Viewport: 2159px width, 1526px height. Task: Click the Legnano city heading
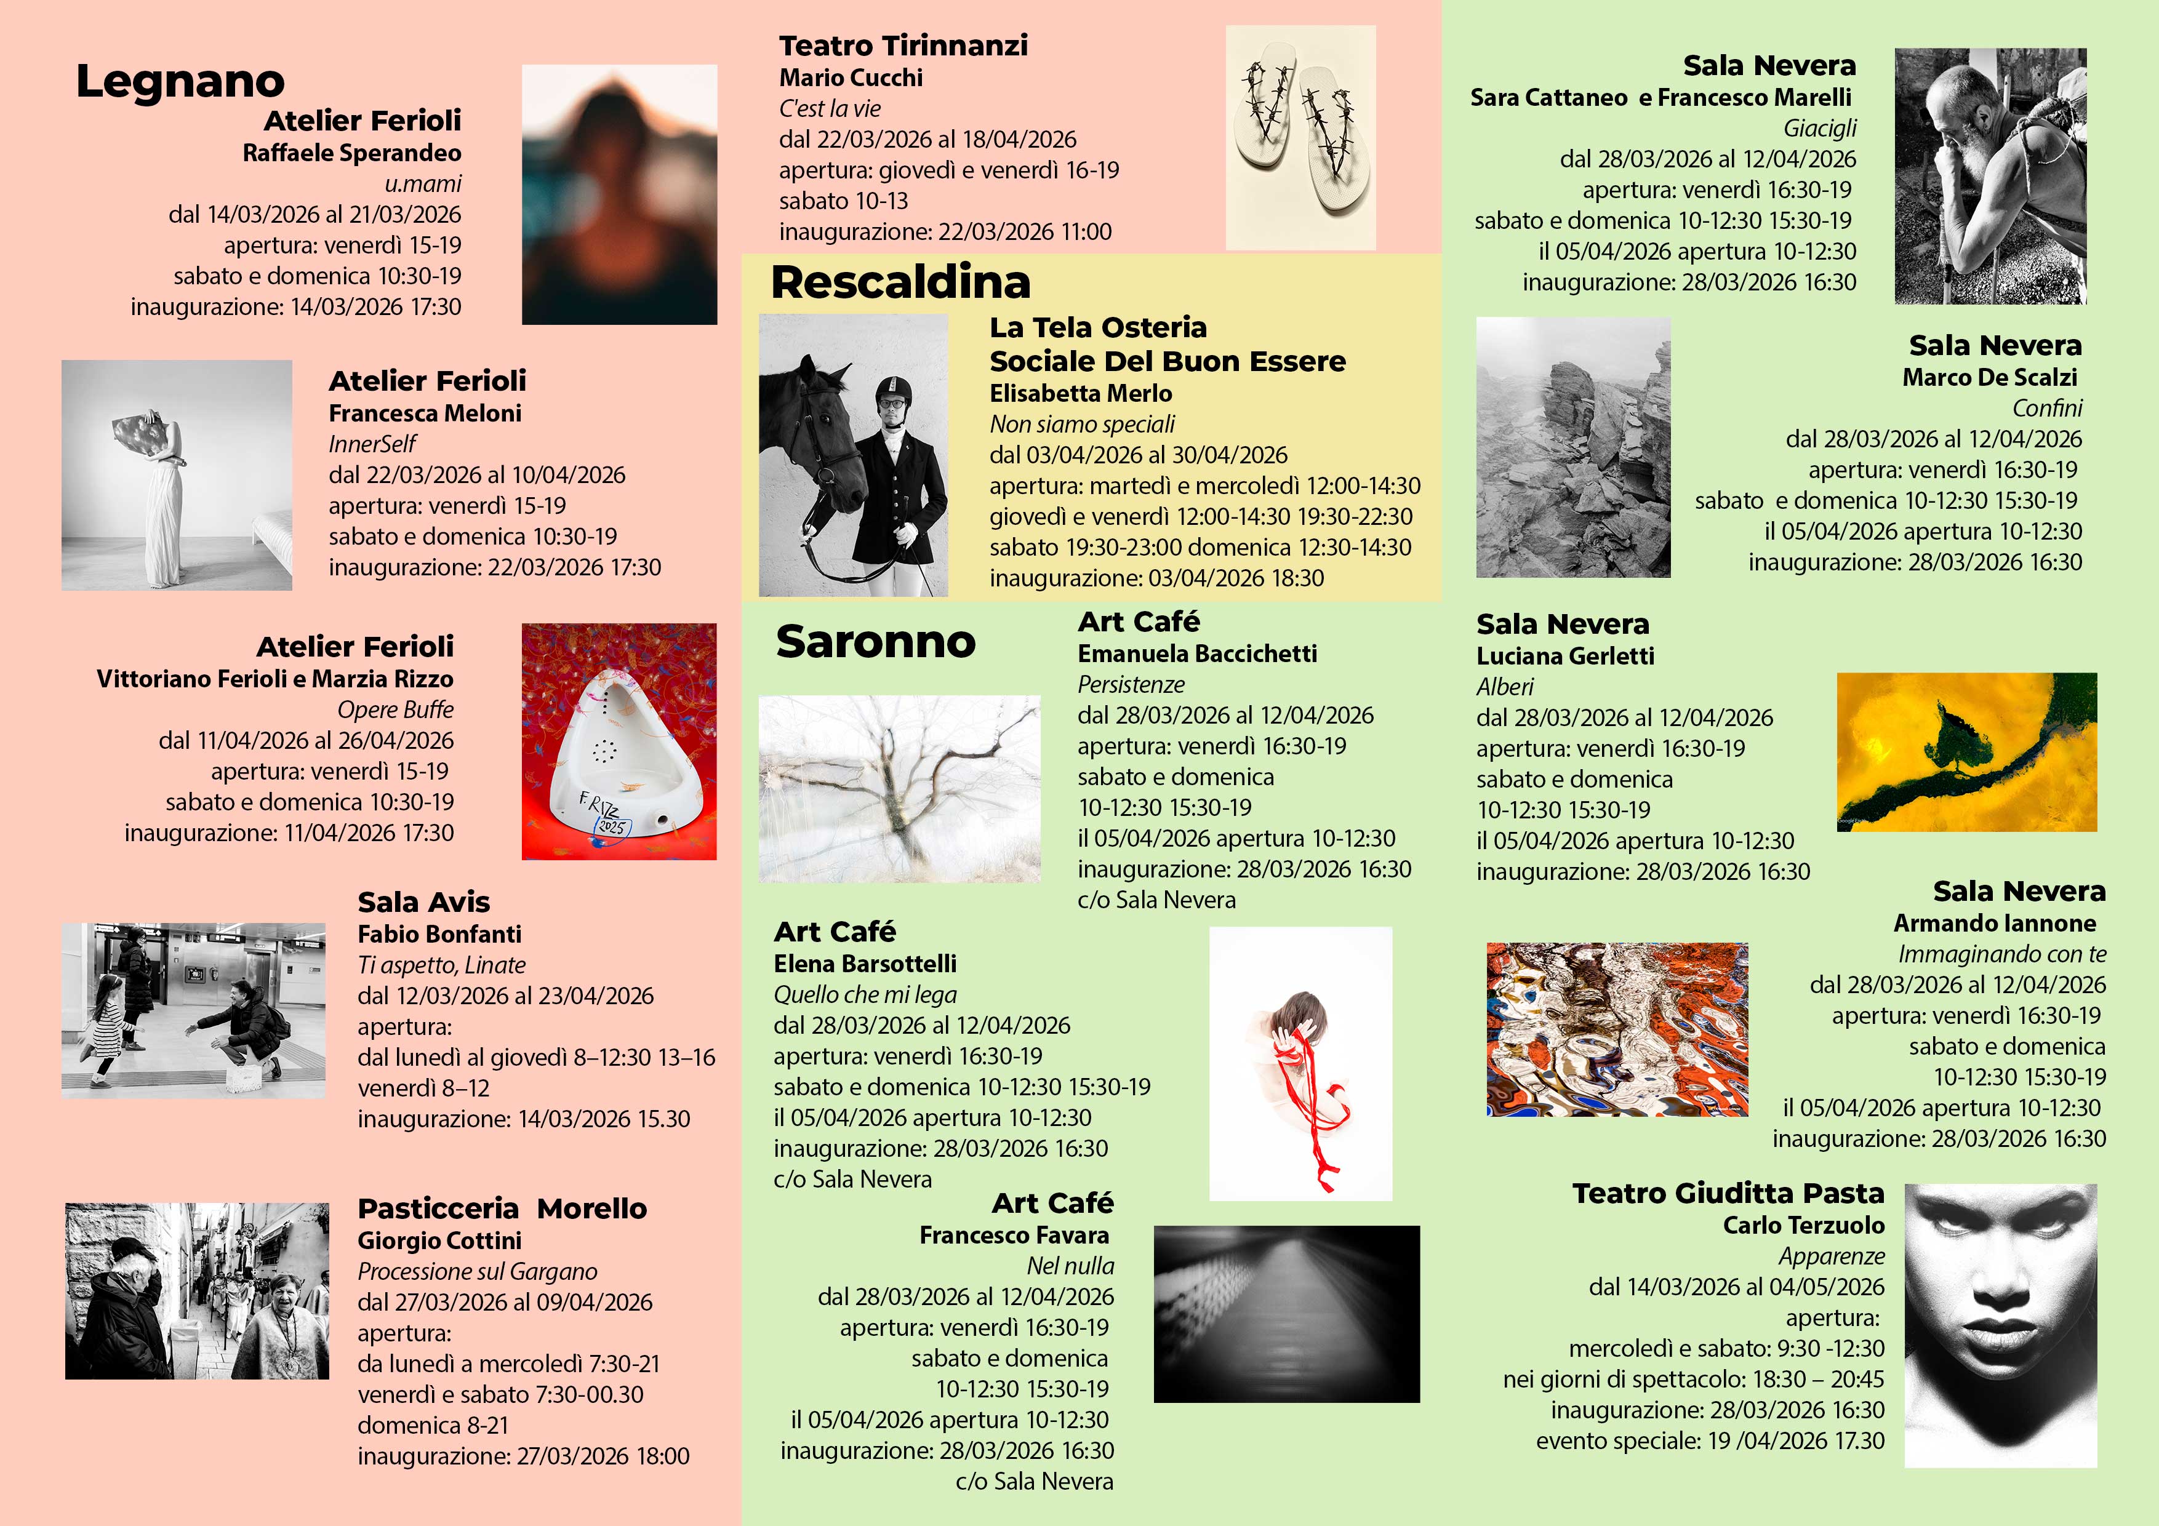[180, 82]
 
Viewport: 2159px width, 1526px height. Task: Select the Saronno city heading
[875, 642]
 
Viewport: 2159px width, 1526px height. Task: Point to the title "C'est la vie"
[830, 109]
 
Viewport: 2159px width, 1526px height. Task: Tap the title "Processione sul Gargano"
[477, 1271]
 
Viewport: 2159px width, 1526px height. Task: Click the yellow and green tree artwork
[1966, 752]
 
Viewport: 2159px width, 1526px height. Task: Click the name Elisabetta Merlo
[1081, 393]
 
